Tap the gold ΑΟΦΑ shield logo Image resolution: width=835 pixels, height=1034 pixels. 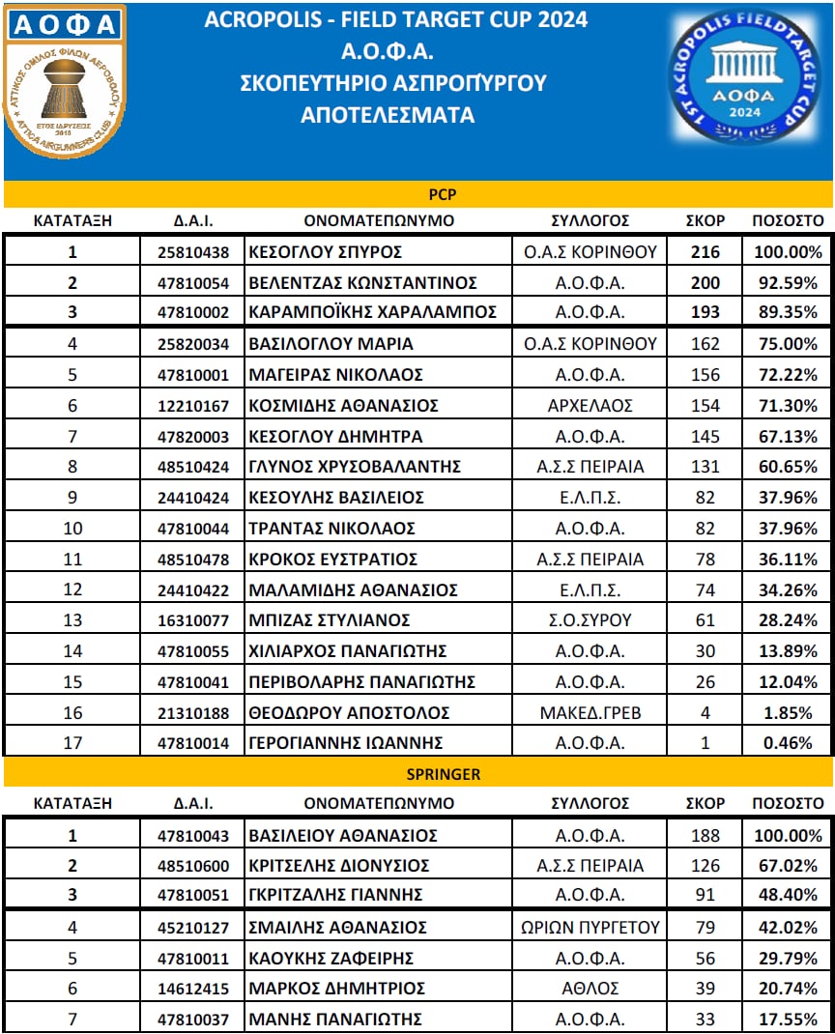click(x=65, y=85)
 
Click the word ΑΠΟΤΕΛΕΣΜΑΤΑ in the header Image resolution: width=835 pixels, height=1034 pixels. click(x=388, y=115)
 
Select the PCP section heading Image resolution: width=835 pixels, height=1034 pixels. click(x=418, y=194)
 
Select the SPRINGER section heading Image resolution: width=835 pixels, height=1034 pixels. click(x=418, y=774)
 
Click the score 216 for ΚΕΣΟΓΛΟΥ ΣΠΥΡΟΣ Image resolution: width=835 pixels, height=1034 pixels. click(x=705, y=253)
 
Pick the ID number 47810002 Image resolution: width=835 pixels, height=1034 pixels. click(x=193, y=313)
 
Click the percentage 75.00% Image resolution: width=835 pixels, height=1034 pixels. click(x=788, y=344)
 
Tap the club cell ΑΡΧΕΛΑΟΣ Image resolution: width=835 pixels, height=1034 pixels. click(x=590, y=405)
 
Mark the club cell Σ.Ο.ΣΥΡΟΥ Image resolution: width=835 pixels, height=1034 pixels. click(x=590, y=620)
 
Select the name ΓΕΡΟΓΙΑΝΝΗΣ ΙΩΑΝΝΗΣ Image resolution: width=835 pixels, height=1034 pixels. click(x=346, y=743)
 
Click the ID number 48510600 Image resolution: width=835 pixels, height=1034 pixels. click(x=193, y=866)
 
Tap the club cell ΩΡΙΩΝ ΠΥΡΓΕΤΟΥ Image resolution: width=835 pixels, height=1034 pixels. click(x=590, y=928)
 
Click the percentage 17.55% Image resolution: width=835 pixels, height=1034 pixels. click(x=788, y=1019)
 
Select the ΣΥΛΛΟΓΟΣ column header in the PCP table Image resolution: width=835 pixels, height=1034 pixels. click(x=590, y=220)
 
